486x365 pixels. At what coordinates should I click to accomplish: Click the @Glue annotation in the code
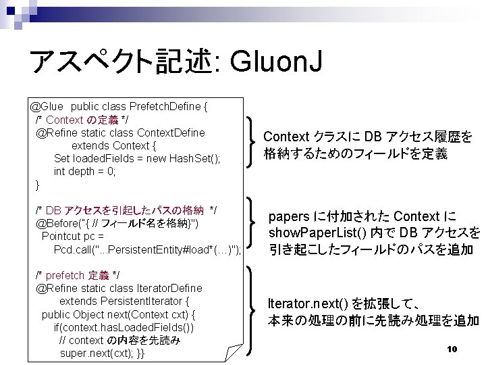[47, 107]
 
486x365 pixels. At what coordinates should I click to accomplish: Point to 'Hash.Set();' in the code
[192, 158]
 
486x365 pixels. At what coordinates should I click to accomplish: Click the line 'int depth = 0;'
[85, 171]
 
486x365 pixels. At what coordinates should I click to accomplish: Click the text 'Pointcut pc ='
[72, 237]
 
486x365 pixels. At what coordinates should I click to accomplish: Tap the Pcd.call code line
[148, 249]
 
